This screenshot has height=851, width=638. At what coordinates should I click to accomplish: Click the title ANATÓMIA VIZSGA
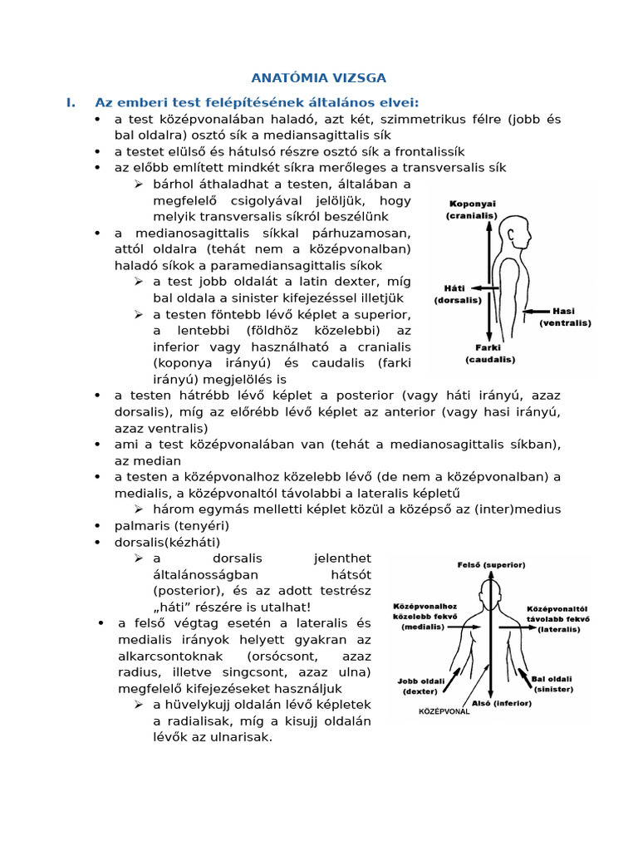pos(319,78)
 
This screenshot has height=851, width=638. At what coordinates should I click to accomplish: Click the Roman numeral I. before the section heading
pos(71,102)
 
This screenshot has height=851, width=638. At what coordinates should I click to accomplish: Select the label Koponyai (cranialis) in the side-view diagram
pos(471,209)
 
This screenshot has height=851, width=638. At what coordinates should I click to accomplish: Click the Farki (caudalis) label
pos(489,354)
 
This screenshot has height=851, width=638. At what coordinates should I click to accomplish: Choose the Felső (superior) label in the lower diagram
pos(492,565)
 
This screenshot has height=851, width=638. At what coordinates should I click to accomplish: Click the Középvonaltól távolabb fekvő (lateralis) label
pos(557,619)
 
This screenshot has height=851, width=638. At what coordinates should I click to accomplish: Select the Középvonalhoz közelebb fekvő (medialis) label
pos(424,617)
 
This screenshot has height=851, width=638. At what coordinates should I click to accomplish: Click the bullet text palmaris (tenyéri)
pos(172,525)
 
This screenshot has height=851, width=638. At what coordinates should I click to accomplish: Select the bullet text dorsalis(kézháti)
pos(168,542)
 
